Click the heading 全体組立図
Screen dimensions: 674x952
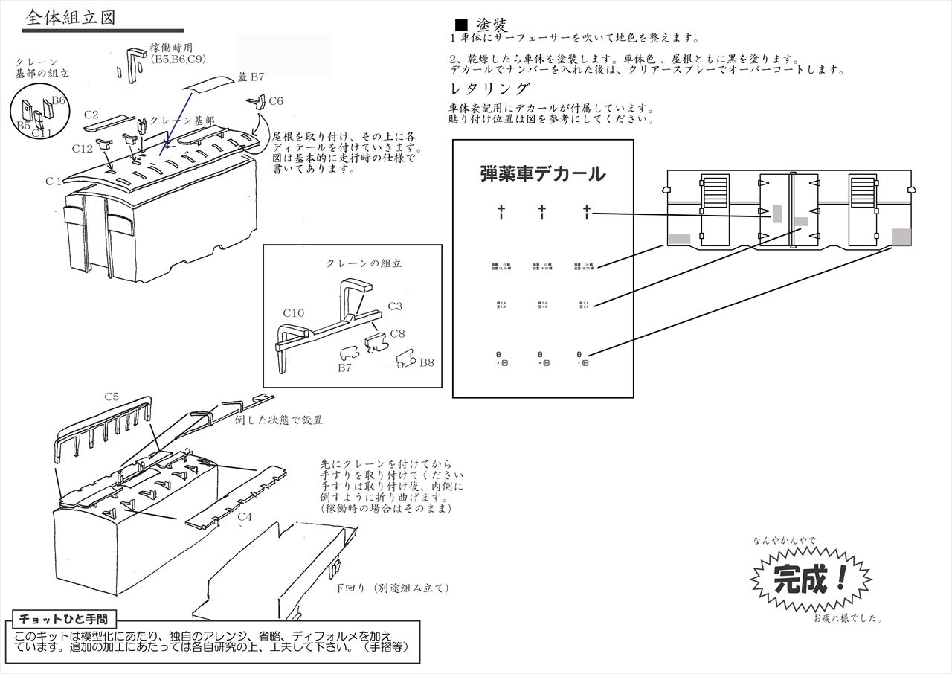point(70,18)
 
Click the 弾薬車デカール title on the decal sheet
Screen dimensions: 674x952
point(543,174)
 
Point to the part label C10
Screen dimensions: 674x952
point(293,313)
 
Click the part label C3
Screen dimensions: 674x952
point(395,306)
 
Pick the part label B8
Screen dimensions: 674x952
point(426,362)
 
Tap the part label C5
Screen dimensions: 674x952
point(111,397)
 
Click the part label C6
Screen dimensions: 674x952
point(275,100)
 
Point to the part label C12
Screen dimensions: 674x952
point(82,149)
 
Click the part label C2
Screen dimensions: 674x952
point(91,115)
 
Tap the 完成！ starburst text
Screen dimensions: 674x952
point(810,578)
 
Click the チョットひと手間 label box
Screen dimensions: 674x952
point(62,618)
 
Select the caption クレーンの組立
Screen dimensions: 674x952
point(364,263)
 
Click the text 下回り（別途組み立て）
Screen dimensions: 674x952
point(391,588)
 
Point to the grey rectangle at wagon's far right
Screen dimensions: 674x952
point(901,237)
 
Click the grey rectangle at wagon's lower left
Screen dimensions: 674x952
point(680,239)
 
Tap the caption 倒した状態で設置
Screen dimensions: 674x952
point(278,420)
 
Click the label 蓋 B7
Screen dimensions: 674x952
point(251,77)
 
